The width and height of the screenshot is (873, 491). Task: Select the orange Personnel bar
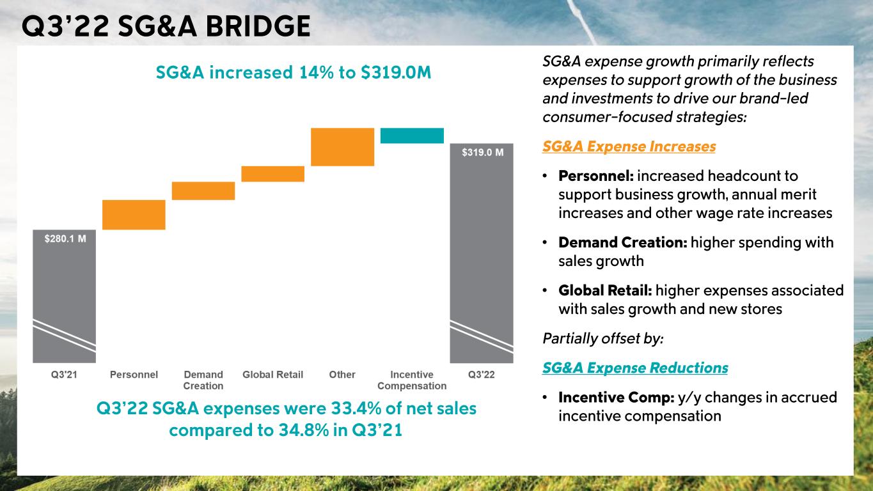point(134,215)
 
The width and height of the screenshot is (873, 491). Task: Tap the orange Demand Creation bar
point(203,191)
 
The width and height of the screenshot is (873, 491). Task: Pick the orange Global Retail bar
point(272,174)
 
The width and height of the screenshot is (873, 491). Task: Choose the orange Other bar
point(342,147)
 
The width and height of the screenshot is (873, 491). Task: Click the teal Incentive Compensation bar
point(412,136)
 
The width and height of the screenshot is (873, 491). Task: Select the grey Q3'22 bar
point(482,256)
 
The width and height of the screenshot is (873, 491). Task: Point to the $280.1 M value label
point(65,238)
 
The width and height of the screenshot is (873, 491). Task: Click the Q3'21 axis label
point(64,375)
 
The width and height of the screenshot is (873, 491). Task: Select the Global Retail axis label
point(272,375)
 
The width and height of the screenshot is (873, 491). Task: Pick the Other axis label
point(342,375)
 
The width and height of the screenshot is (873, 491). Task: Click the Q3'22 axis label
point(482,375)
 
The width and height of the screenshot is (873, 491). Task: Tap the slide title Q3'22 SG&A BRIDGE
point(166,26)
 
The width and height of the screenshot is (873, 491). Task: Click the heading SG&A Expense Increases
point(629,146)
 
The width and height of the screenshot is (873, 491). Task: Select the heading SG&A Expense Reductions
point(634,368)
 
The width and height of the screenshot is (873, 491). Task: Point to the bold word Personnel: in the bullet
point(595,175)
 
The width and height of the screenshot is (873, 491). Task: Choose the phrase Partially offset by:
point(602,338)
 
